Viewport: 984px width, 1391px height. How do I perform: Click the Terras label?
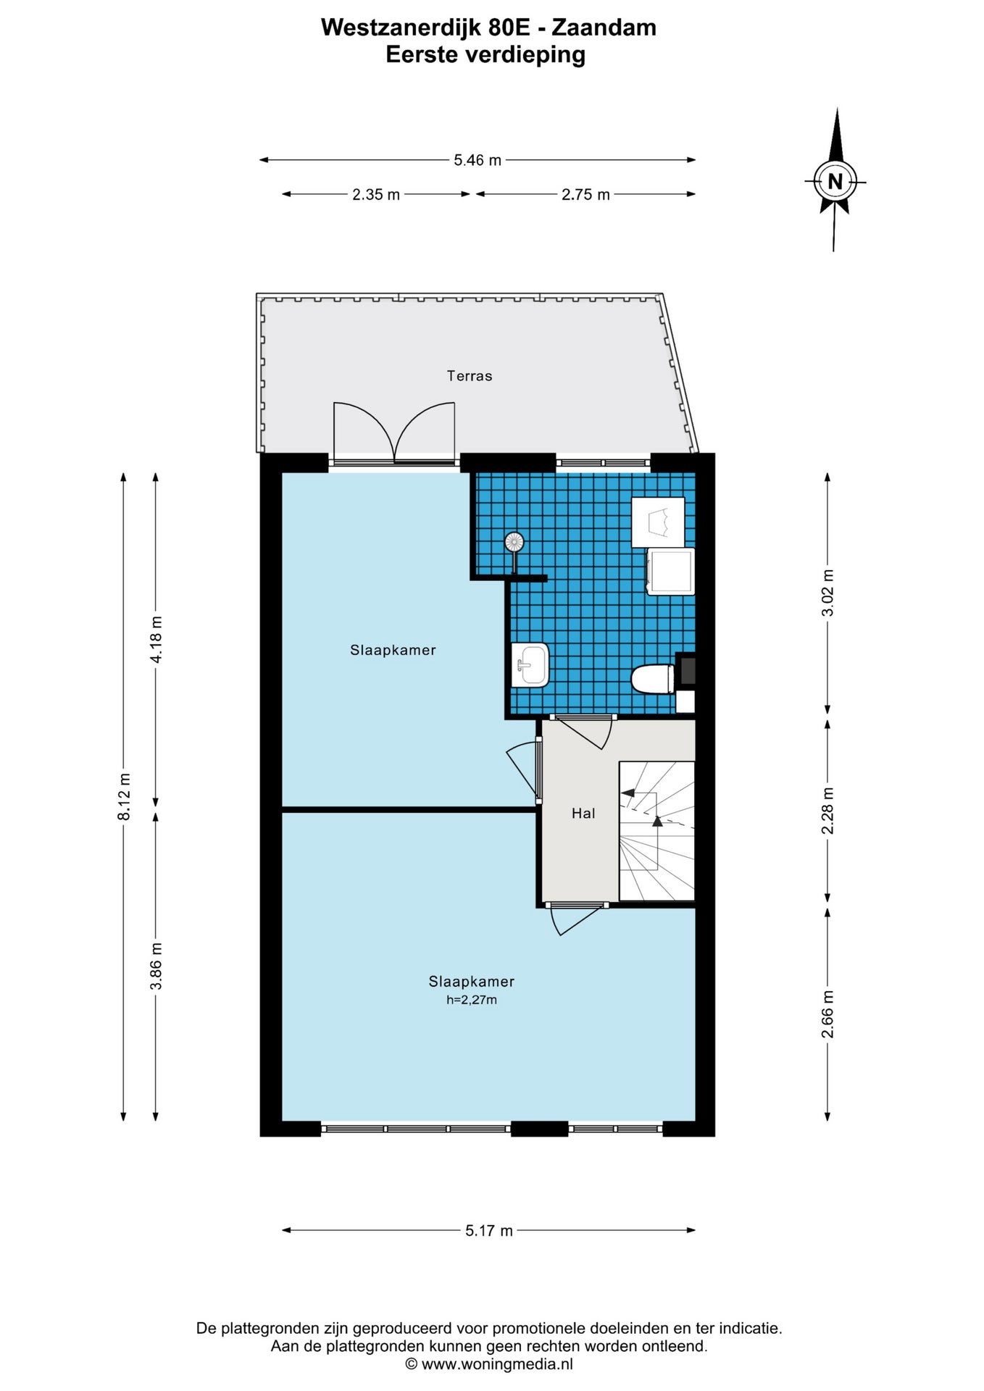pos(470,376)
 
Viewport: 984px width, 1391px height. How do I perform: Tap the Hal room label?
pos(583,814)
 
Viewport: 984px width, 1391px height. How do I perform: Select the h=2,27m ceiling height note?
pos(472,1000)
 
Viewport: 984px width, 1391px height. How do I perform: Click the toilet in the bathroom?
pos(654,680)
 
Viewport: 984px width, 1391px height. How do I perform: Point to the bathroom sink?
pos(530,665)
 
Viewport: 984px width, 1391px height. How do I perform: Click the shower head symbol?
pos(514,542)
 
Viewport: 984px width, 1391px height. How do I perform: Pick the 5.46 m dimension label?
pos(478,160)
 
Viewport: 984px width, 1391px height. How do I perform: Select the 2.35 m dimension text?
pos(376,194)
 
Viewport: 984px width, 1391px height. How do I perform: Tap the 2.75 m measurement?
pos(585,194)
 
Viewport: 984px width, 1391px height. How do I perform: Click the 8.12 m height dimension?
pos(125,797)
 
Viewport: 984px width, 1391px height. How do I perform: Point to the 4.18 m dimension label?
pos(157,639)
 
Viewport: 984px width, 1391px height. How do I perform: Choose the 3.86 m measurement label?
pos(157,966)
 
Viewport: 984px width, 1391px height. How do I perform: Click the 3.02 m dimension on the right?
pos(827,593)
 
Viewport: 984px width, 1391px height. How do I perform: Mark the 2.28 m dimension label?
pos(827,811)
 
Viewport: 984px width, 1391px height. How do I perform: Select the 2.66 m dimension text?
pos(827,1014)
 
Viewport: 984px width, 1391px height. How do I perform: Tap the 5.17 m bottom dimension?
pos(489,1230)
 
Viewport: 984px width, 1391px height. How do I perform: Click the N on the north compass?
pos(835,181)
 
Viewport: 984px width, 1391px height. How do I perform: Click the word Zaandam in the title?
pos(604,28)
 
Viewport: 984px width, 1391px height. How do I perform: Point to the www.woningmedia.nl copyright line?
pos(489,1364)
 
